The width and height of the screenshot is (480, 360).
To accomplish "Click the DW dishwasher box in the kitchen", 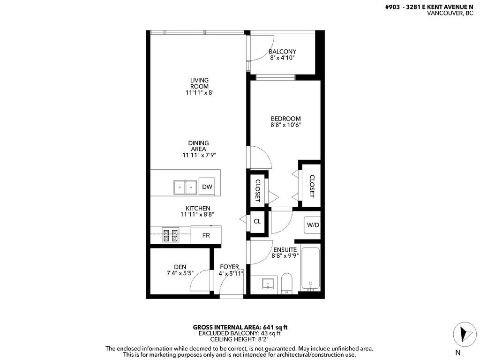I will (207, 187).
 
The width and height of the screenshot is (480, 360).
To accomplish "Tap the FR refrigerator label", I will (206, 235).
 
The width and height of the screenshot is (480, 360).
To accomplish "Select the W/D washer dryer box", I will (313, 225).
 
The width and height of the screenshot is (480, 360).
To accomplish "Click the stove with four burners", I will (170, 235).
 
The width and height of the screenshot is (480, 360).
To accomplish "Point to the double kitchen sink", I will (185, 187).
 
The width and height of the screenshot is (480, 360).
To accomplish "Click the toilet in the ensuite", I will (287, 284).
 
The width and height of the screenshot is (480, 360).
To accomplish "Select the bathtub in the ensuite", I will (310, 270).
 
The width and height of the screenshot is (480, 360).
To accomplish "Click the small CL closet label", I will (257, 221).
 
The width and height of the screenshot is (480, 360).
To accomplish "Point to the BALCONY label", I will (282, 52).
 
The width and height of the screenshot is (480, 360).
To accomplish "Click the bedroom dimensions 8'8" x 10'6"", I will (285, 125).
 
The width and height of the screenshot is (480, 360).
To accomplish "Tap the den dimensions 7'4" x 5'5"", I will (180, 273).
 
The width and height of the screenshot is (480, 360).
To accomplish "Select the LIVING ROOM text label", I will (199, 83).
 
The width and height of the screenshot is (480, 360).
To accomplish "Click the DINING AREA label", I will (199, 146).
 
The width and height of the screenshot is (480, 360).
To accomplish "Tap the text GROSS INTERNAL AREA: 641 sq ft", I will (239, 327).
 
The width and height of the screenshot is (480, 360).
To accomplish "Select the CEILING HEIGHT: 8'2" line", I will (239, 339).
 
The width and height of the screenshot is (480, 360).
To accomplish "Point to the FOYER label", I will (230, 267).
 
